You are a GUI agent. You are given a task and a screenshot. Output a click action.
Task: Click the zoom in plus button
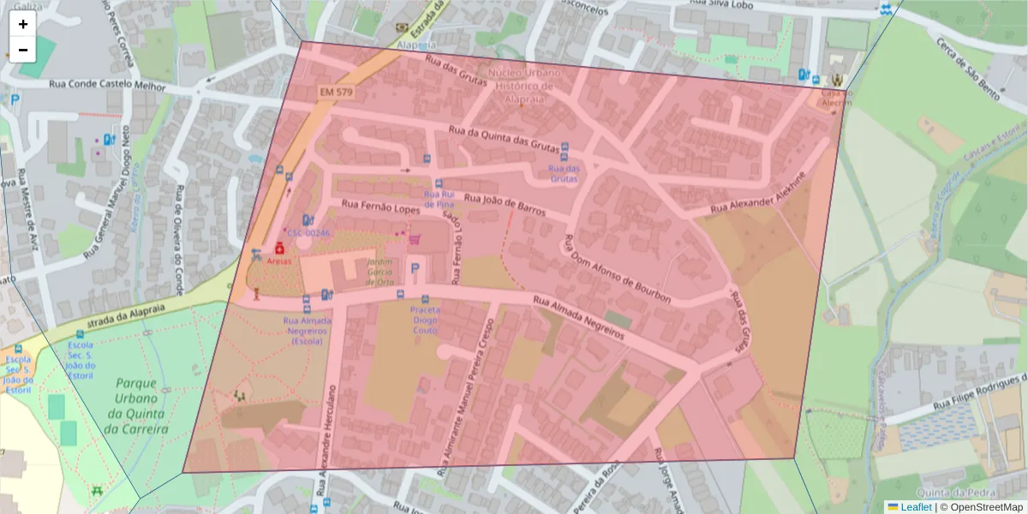pyautogui.click(x=23, y=24)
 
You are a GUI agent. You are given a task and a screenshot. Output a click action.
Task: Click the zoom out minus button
pyautogui.click(x=23, y=50)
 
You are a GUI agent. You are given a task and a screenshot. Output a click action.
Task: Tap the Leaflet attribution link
pyautogui.click(x=915, y=507)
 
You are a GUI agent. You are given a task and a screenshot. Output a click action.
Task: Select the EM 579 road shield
pyautogui.click(x=337, y=92)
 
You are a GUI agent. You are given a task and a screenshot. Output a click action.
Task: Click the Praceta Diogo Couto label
pyautogui.click(x=425, y=320)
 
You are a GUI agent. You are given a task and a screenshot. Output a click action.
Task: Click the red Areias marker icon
pyautogui.click(x=279, y=247)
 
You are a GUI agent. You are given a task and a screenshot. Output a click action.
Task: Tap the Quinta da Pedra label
pyautogui.click(x=947, y=492)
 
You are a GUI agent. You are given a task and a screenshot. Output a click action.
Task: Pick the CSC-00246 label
pyautogui.click(x=308, y=233)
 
